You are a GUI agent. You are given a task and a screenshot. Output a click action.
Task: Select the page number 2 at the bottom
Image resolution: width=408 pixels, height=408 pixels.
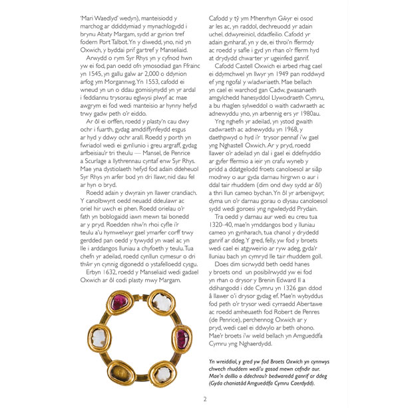coord(204,398)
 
